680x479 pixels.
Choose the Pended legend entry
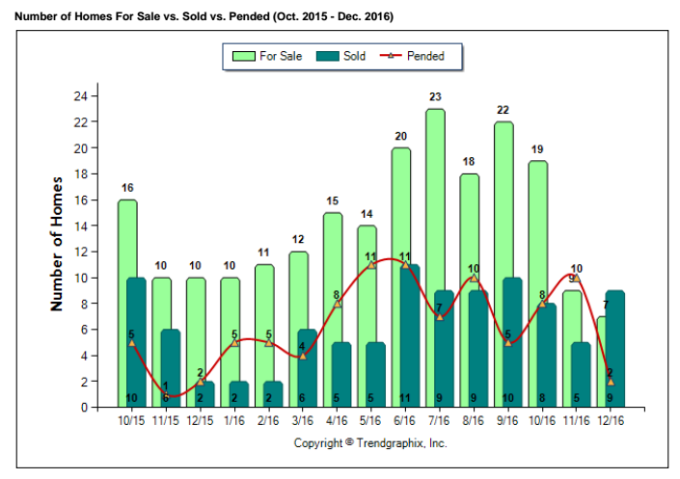click(x=415, y=56)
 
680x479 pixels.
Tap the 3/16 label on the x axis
click(x=302, y=421)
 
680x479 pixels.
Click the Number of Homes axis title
click(x=57, y=243)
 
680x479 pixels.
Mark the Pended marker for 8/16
click(x=473, y=279)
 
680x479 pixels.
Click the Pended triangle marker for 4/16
click(x=337, y=304)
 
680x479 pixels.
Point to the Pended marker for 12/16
click(x=610, y=382)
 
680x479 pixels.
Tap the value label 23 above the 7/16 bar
click(x=435, y=96)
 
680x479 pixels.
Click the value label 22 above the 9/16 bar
click(x=503, y=110)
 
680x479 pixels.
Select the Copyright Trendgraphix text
click(x=370, y=443)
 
